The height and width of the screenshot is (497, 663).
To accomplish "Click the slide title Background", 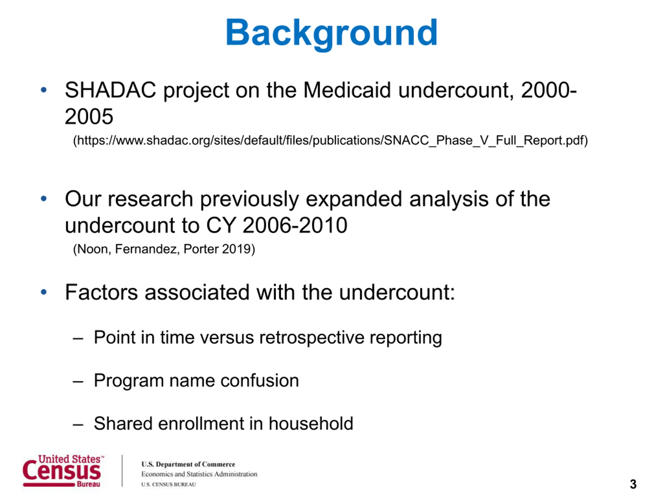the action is tap(331, 34).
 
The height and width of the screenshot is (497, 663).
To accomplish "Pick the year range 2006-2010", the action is tap(295, 225).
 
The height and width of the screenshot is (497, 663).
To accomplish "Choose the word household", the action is tap(311, 423).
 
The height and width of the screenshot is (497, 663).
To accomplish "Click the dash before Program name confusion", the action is tap(78, 382).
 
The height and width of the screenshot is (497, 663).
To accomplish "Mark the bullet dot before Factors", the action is tap(44, 292).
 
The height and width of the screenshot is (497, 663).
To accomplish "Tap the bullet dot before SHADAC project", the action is tap(44, 90).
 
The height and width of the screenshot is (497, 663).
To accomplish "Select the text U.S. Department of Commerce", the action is tap(188, 464).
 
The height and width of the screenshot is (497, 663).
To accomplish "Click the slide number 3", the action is tap(633, 484).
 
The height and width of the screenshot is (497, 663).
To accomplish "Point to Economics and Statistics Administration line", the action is tap(199, 474).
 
